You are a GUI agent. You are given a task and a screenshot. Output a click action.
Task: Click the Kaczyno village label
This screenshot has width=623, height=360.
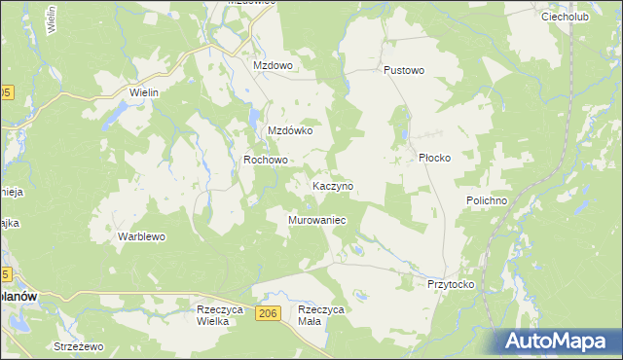(x=332, y=185)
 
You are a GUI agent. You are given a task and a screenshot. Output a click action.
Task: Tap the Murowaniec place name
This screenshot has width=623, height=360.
(x=317, y=221)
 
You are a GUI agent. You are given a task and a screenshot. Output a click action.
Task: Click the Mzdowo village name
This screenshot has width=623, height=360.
(x=273, y=65)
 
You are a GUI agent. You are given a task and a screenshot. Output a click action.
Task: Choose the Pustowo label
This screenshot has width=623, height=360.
(x=405, y=71)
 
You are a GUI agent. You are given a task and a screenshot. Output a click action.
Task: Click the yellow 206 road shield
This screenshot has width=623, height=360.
(x=270, y=312)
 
